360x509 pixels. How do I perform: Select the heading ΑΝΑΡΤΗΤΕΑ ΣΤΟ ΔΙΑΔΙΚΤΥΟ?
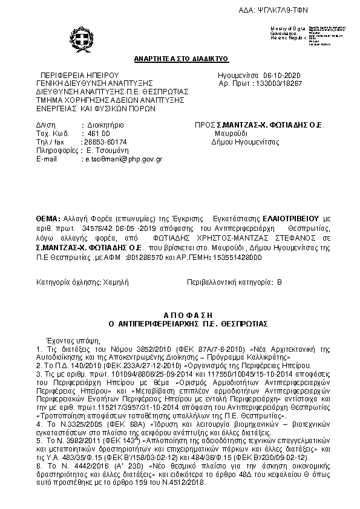(181, 59)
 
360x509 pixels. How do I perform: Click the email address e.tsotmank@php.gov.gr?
(123, 158)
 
